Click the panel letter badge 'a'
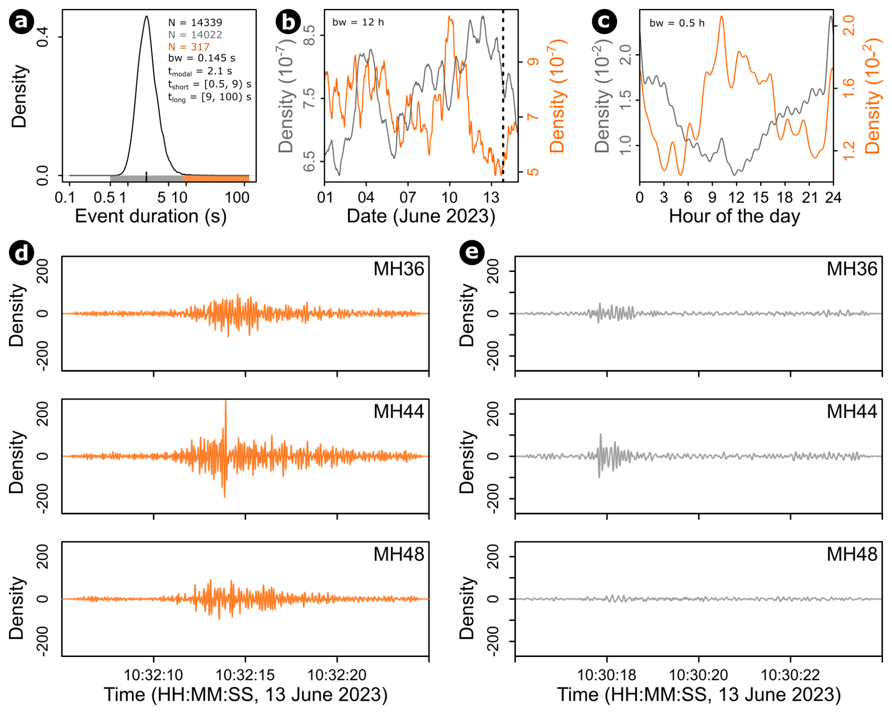tap(21, 22)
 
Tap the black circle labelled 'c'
tap(604, 22)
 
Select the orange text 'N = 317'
tap(189, 47)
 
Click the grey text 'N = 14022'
tap(195, 34)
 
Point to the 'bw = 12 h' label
tap(358, 22)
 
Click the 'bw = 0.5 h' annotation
tap(677, 23)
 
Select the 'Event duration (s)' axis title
tap(151, 216)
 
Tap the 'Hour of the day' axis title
tap(734, 216)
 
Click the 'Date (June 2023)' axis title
tap(421, 216)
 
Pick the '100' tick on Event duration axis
tap(237, 197)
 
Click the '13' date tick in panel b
tap(491, 197)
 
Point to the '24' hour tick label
tap(833, 197)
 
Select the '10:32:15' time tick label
tap(245, 675)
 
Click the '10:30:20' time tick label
tap(698, 675)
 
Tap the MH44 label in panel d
tap(399, 411)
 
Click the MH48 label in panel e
tap(852, 554)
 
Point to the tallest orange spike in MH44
tap(226, 402)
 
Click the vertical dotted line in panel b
tap(503, 94)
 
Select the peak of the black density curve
tap(147, 17)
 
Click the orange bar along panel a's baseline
tap(215, 178)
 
